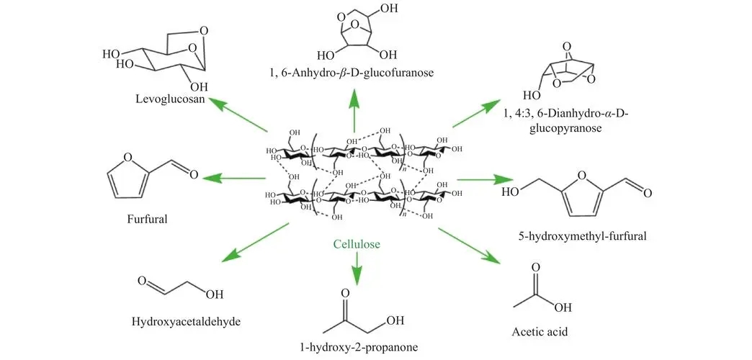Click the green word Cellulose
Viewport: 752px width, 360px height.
point(356,244)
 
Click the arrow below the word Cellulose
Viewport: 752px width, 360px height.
point(356,269)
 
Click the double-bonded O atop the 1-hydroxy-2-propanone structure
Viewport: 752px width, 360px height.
point(345,294)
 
